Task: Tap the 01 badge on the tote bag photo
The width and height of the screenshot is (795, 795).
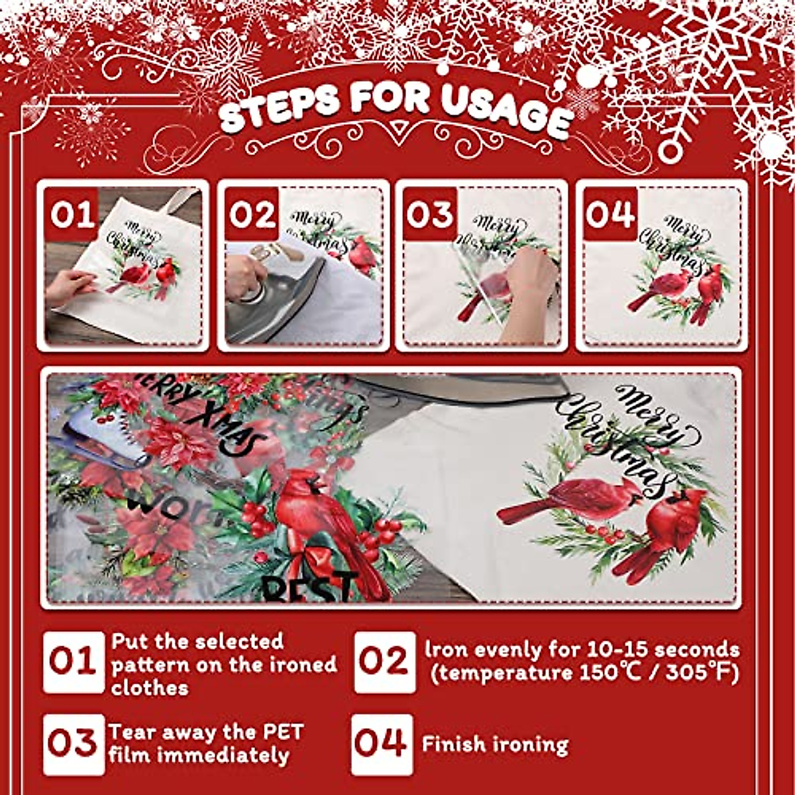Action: [x=73, y=215]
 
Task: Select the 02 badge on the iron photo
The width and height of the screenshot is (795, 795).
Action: [x=252, y=215]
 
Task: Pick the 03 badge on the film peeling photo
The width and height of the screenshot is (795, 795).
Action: [x=429, y=215]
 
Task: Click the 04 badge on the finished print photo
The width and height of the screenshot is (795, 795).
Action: [x=609, y=215]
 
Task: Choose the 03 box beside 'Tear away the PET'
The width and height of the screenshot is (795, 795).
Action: [x=74, y=744]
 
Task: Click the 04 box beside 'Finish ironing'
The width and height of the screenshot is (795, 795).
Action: [x=382, y=744]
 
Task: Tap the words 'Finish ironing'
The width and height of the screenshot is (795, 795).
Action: [x=495, y=744]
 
